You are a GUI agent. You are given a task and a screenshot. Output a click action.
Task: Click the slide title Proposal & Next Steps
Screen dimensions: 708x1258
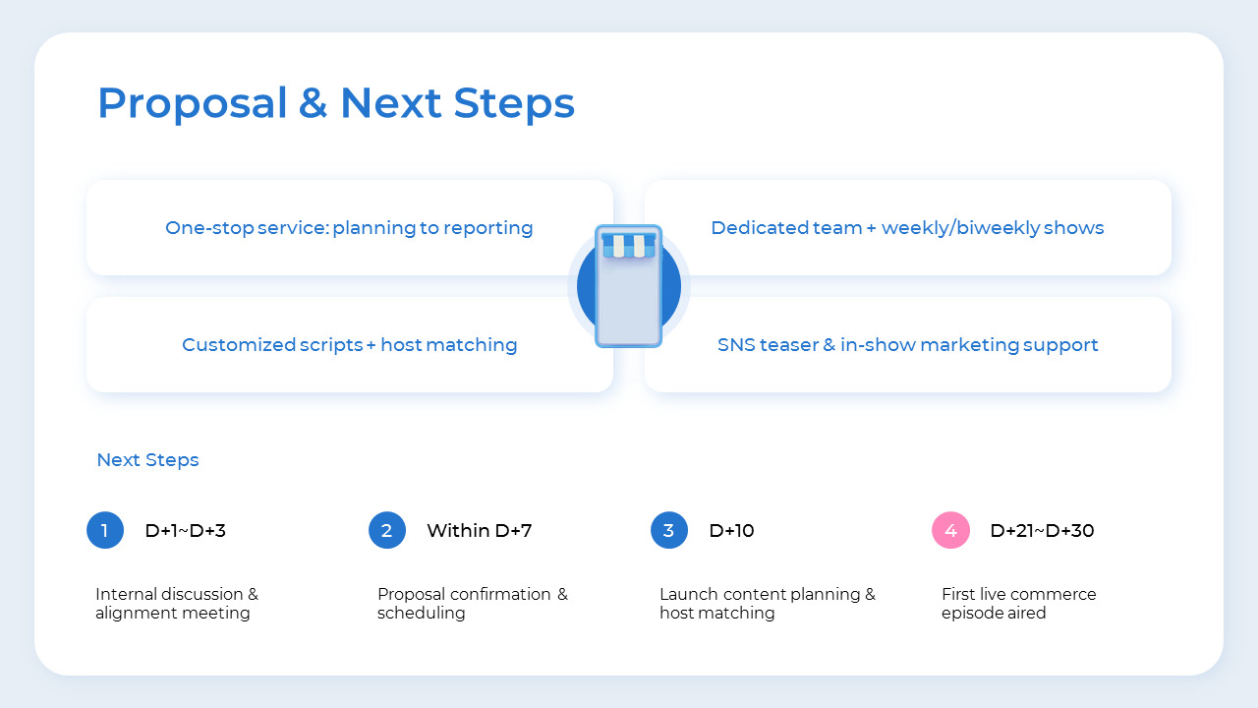(335, 103)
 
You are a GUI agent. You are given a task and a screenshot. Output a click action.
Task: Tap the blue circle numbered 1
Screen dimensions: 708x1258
(105, 531)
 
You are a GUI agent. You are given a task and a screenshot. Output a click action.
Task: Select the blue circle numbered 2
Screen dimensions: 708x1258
(387, 531)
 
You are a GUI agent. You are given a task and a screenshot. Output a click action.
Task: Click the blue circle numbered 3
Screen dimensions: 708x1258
(669, 531)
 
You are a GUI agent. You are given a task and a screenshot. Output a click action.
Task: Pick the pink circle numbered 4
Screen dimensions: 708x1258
(950, 531)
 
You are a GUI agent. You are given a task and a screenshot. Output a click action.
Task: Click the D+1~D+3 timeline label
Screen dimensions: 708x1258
(185, 531)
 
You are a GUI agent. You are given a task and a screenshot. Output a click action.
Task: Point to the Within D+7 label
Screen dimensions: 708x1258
(479, 531)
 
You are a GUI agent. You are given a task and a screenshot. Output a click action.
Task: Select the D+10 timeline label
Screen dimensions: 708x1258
(731, 531)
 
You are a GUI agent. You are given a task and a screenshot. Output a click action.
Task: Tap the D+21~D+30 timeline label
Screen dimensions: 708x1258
(1042, 531)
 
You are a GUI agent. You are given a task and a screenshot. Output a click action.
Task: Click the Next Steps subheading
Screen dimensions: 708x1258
(147, 460)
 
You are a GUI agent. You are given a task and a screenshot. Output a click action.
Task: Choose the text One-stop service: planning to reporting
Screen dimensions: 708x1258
(349, 228)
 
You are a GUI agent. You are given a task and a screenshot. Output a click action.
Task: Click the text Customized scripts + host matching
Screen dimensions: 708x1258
(349, 345)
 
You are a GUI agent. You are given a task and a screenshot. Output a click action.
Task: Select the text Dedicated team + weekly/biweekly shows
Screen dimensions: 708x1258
(907, 228)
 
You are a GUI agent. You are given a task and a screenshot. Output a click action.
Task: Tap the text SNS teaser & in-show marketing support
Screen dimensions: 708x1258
(907, 345)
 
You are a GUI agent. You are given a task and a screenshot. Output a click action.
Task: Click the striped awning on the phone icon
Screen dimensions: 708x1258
(629, 245)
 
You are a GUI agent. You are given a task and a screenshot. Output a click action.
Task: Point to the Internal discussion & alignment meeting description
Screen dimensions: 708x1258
(177, 604)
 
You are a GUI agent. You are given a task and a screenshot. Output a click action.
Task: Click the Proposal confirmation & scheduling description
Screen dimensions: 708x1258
(472, 604)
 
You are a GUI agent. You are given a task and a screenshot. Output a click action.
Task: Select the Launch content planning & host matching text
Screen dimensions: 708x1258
(767, 604)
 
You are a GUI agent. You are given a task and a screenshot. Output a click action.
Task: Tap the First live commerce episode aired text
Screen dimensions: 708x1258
(1018, 604)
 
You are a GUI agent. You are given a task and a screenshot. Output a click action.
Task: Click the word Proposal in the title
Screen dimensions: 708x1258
(193, 103)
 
